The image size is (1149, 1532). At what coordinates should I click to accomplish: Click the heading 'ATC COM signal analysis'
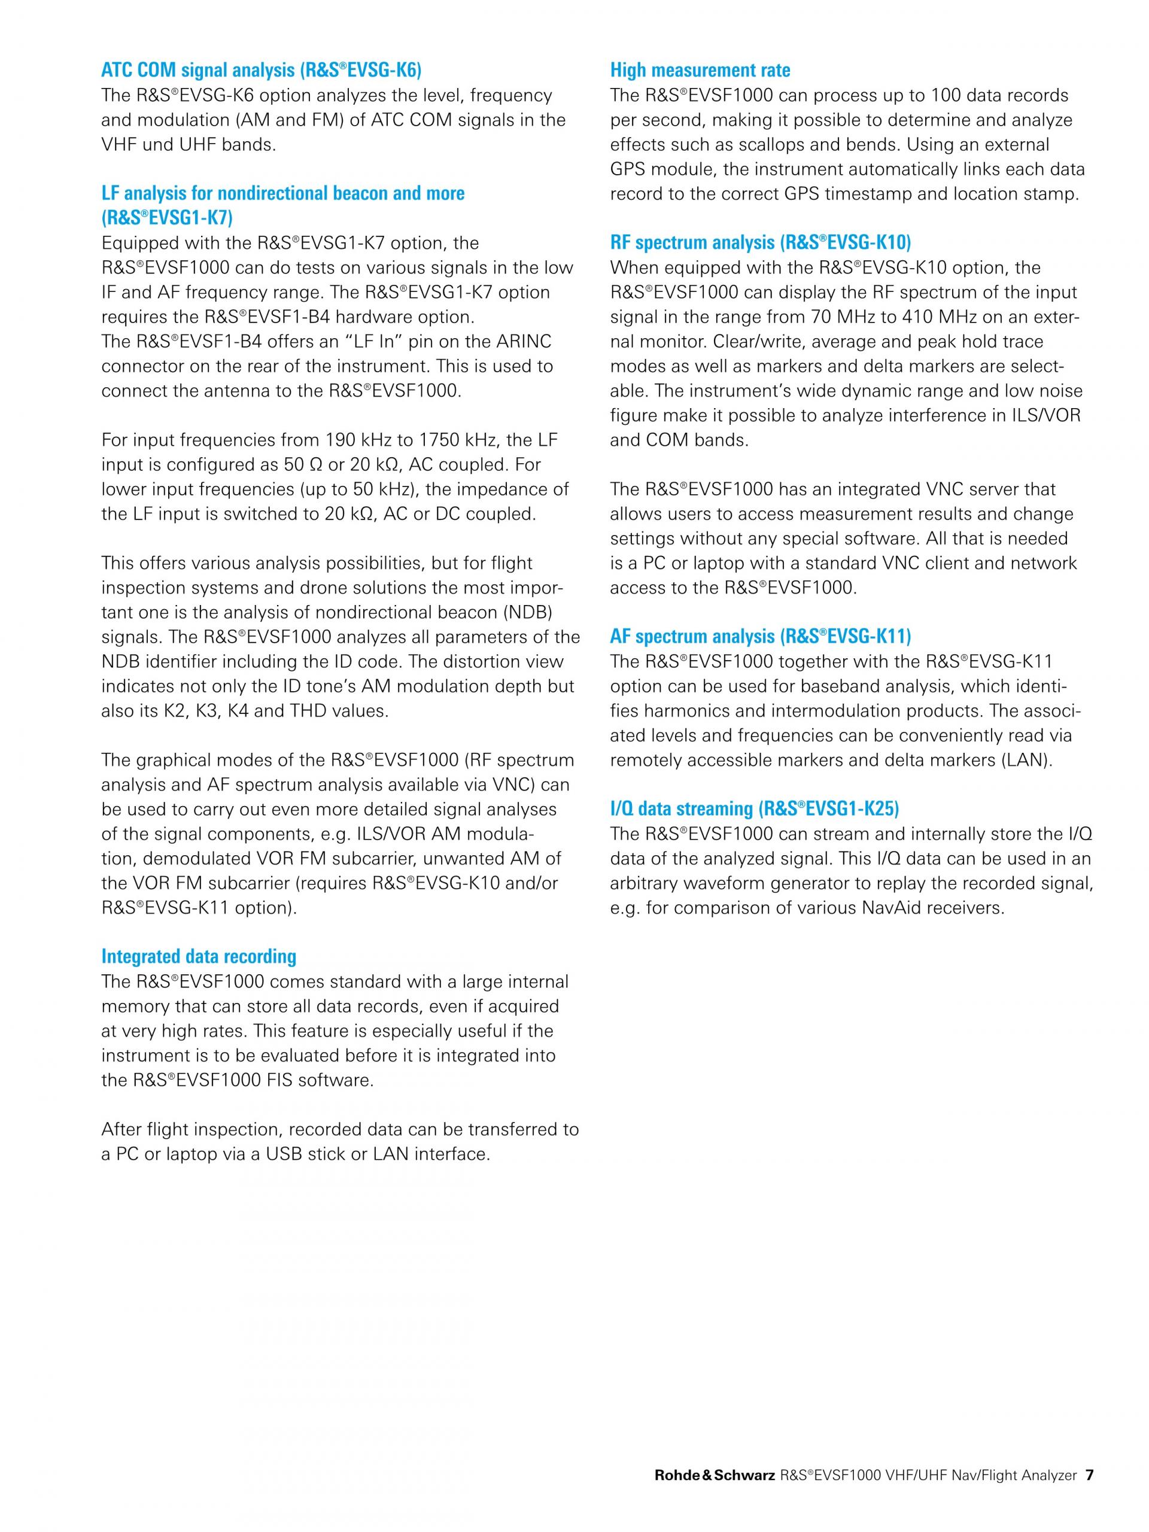261,70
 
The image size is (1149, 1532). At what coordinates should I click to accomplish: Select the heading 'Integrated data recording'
199,956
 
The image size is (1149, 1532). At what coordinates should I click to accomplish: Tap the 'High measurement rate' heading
700,70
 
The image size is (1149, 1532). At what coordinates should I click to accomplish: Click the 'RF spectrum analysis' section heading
761,242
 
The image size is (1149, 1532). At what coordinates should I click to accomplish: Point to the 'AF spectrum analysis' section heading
761,637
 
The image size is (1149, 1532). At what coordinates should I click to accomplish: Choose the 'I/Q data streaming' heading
754,809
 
